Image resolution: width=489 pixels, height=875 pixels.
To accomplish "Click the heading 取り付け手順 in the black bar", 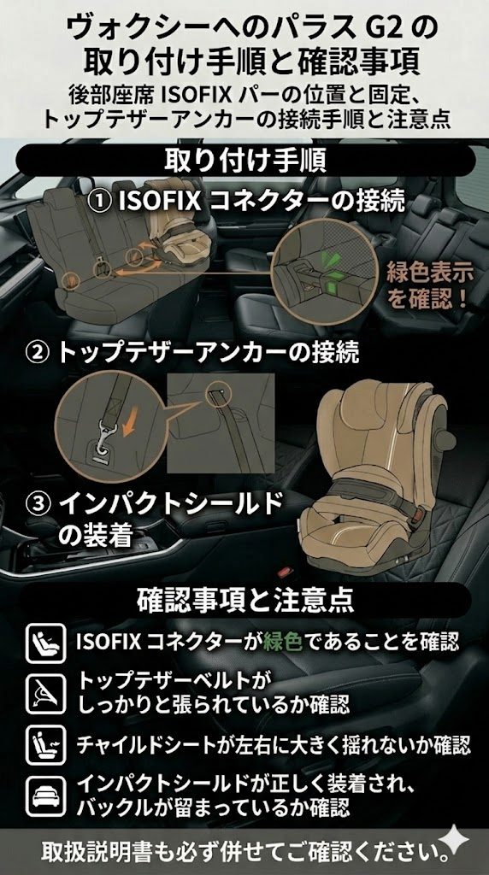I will pos(244,161).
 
